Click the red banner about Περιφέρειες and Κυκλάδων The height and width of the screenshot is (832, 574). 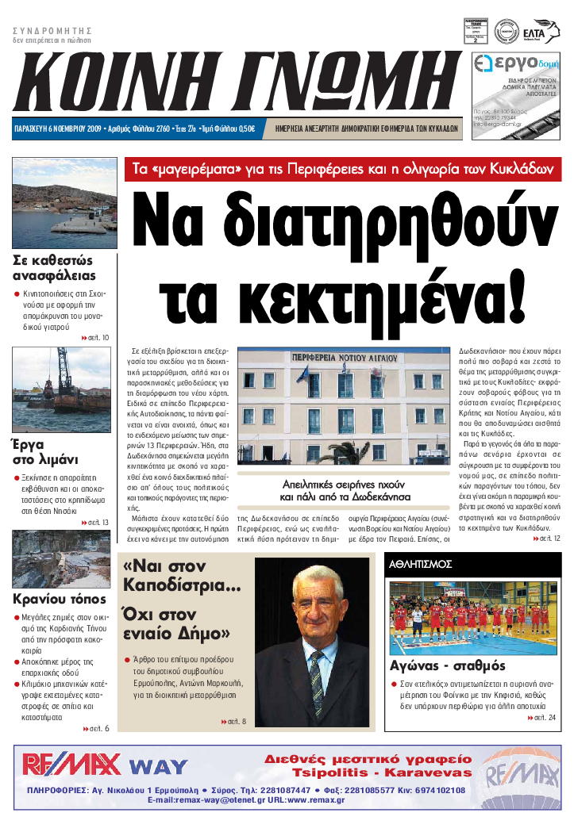coord(343,170)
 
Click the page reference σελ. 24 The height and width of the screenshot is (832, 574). coord(545,718)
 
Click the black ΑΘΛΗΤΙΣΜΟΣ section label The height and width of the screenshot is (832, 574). coord(421,564)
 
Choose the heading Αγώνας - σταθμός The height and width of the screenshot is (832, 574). coord(448,665)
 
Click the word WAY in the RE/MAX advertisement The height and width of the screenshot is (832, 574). coord(159,767)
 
